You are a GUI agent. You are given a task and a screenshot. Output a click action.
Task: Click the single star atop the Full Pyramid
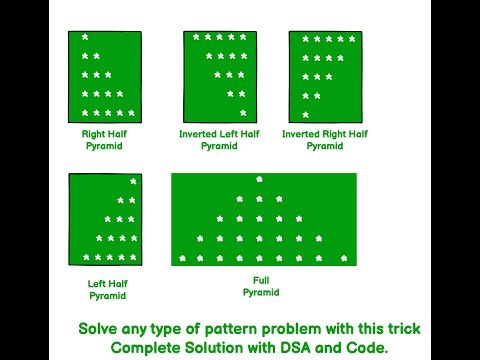[x=260, y=180]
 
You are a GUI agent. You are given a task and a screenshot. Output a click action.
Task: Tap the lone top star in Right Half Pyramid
[x=84, y=37]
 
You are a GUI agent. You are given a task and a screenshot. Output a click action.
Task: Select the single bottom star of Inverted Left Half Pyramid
[x=243, y=112]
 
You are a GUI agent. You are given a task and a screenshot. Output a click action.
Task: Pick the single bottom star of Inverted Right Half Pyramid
[x=305, y=115]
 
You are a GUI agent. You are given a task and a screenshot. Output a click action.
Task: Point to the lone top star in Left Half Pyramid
[x=133, y=181]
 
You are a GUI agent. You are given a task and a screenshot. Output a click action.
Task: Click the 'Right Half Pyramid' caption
[x=104, y=139]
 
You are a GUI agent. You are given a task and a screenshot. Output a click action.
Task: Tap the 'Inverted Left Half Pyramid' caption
[x=219, y=139]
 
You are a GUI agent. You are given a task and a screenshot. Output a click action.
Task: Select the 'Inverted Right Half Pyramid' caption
[x=325, y=139]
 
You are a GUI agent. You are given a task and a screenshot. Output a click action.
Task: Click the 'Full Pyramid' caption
[x=261, y=287]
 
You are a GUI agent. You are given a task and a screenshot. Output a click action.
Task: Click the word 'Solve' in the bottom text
[x=100, y=328]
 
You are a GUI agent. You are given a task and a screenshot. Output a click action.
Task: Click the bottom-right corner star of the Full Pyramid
[x=340, y=259]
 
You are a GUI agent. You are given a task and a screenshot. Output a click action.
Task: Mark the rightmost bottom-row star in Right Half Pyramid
[x=132, y=113]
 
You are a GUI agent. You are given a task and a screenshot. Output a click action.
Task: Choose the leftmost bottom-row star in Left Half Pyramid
[x=85, y=258]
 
